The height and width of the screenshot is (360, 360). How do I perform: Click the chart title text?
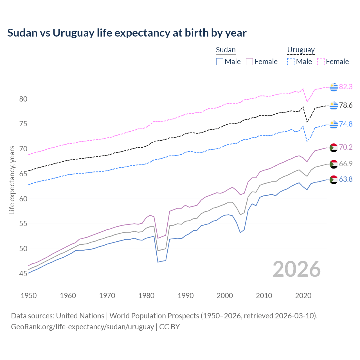[x=127, y=33]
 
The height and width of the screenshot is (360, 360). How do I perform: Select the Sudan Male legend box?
[x=220, y=62]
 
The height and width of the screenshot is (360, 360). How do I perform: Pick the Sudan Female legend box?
[x=249, y=62]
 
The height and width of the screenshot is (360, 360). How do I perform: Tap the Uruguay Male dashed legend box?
[x=291, y=62]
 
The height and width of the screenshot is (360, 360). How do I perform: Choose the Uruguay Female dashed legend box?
[x=321, y=62]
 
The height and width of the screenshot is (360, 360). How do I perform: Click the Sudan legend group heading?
[x=226, y=50]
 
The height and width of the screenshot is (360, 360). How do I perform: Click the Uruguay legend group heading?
[x=301, y=50]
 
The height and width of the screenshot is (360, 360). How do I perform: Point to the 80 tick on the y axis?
[x=23, y=99]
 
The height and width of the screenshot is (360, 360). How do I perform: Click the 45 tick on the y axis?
[x=23, y=274]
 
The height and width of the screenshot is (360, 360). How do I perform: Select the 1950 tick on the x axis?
[x=29, y=296]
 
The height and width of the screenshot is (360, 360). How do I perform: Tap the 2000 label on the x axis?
[x=225, y=296]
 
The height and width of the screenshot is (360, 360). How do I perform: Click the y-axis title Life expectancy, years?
[x=12, y=180]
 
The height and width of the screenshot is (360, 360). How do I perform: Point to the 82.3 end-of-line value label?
[x=346, y=87]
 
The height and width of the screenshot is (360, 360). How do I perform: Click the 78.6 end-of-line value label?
[x=346, y=105]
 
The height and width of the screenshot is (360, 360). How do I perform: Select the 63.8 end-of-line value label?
[x=346, y=179]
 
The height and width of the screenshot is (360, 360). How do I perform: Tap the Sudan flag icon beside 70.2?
[x=334, y=147]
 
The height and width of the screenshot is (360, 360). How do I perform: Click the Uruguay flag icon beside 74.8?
[x=334, y=124]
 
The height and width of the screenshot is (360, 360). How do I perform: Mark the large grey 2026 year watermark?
[x=296, y=269]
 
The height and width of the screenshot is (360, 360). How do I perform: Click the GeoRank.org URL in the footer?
[x=82, y=327]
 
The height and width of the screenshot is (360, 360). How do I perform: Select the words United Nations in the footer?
[x=80, y=316]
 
